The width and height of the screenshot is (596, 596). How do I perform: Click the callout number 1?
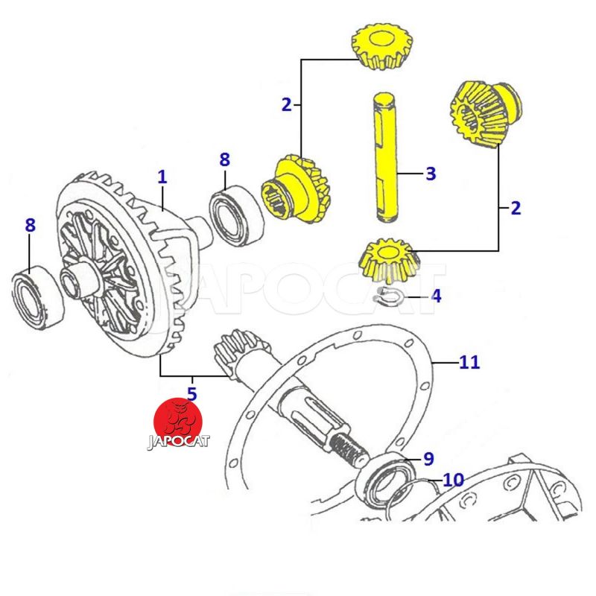pyautogui.click(x=162, y=177)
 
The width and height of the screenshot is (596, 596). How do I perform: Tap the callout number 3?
pyautogui.click(x=430, y=174)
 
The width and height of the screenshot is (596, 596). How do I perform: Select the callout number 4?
pyautogui.click(x=436, y=296)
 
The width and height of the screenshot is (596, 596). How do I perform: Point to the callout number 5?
pyautogui.click(x=191, y=393)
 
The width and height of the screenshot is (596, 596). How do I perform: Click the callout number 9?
pyautogui.click(x=428, y=459)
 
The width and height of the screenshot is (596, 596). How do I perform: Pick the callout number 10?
pyautogui.click(x=453, y=480)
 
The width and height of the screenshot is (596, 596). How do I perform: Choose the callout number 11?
pyautogui.click(x=469, y=363)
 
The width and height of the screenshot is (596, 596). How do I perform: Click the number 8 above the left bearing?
pyautogui.click(x=30, y=225)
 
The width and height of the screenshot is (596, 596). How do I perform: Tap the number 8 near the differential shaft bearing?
pyautogui.click(x=224, y=159)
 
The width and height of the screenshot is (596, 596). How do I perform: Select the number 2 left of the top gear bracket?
pyautogui.click(x=287, y=104)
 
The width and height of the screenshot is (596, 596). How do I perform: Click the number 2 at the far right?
pyautogui.click(x=515, y=208)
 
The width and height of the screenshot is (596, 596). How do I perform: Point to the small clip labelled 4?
pyautogui.click(x=388, y=297)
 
